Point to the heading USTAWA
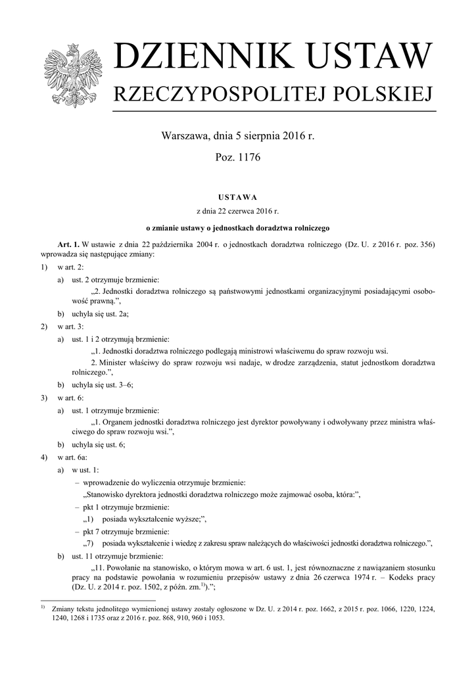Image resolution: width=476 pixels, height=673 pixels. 237,197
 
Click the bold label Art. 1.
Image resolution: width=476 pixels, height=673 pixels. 68,244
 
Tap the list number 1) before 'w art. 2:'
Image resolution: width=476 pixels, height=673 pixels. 44,268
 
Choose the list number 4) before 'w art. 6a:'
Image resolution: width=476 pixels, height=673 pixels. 44,457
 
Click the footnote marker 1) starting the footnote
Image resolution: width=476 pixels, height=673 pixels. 43,607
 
